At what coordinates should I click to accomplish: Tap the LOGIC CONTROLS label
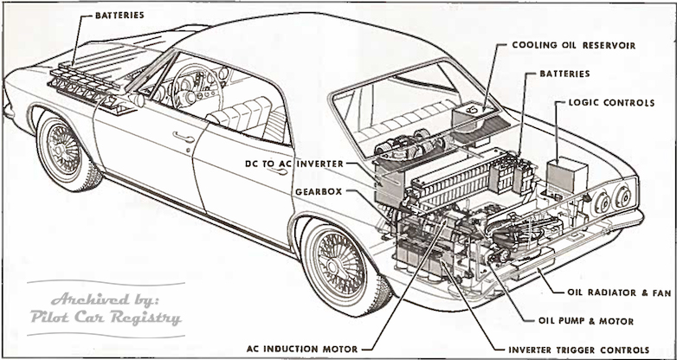pyautogui.click(x=611, y=103)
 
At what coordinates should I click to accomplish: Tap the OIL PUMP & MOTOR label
pyautogui.click(x=590, y=321)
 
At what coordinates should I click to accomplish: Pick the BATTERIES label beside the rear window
pyautogui.click(x=566, y=74)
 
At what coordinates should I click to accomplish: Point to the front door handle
pyautogui.click(x=183, y=136)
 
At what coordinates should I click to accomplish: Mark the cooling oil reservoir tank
pyautogui.click(x=474, y=117)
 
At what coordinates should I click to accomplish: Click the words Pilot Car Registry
pyautogui.click(x=105, y=316)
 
